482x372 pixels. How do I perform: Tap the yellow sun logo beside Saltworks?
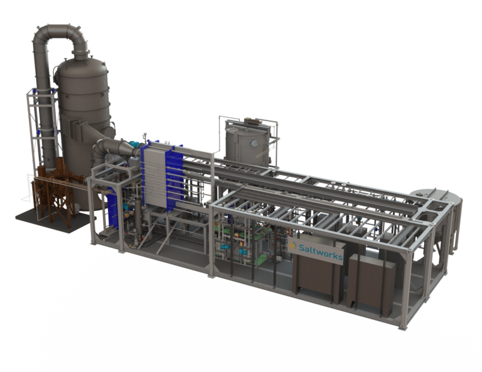point(292,245)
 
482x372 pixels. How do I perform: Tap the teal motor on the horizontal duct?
point(134,144)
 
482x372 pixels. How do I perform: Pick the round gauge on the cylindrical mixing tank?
point(254,143)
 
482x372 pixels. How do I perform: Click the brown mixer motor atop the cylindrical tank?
point(253,120)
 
